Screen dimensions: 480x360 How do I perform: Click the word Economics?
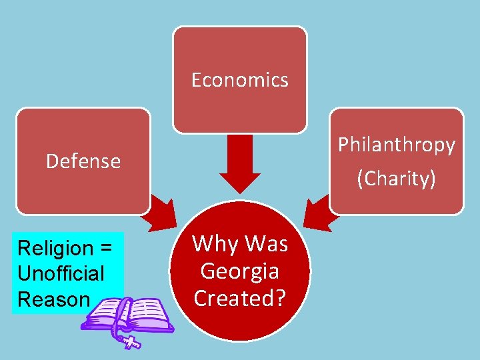[240, 80]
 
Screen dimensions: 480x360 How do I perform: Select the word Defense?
[83, 161]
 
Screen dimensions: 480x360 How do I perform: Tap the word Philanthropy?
[397, 145]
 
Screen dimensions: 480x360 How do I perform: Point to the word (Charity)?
[397, 179]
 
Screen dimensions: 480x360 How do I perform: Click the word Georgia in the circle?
[239, 272]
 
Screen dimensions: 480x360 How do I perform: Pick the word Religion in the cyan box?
[55, 248]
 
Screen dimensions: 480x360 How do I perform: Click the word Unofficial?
[61, 273]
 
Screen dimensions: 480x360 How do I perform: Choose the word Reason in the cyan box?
[53, 299]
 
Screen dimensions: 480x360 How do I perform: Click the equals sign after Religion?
[105, 249]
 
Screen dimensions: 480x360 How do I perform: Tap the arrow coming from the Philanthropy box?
[319, 213]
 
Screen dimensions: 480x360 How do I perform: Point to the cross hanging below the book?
[131, 341]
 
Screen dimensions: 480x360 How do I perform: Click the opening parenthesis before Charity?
[361, 179]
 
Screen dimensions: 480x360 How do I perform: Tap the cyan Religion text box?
[67, 273]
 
